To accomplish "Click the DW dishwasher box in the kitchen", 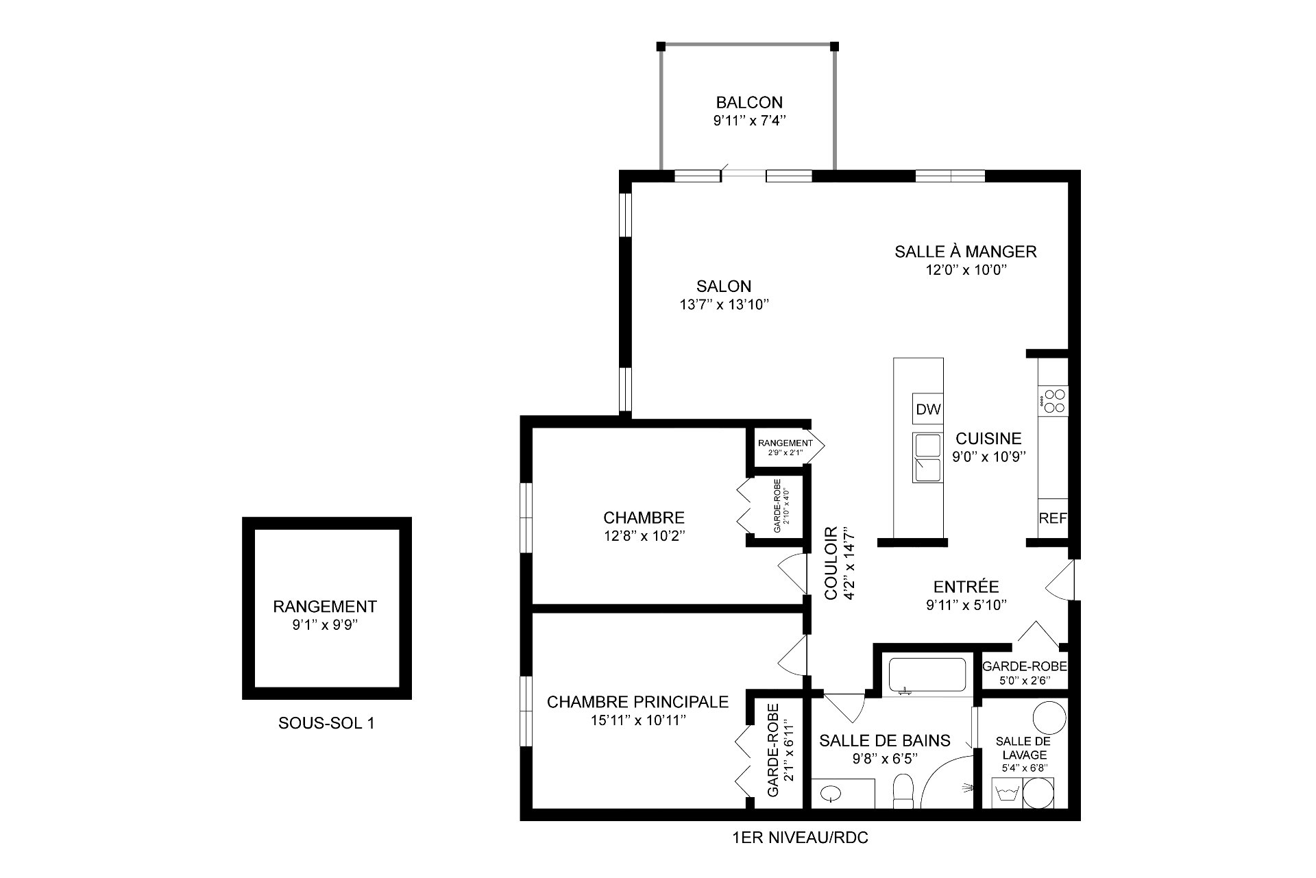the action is (x=928, y=409).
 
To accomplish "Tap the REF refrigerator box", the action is (x=1053, y=518).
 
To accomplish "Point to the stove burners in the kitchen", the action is (x=1053, y=400).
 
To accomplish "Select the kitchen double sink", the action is (x=927, y=457).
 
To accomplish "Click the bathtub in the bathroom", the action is (x=927, y=676).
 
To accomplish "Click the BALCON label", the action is (x=749, y=103).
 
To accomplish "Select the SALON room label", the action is (x=724, y=286).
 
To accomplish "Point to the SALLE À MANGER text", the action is (x=965, y=252).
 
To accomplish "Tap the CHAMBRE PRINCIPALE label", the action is (x=637, y=702).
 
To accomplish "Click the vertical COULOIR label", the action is (x=831, y=563).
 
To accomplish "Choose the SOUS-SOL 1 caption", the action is (x=326, y=723).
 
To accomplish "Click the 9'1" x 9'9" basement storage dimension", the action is (x=325, y=624).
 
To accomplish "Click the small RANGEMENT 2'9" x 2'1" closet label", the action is (x=785, y=448).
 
